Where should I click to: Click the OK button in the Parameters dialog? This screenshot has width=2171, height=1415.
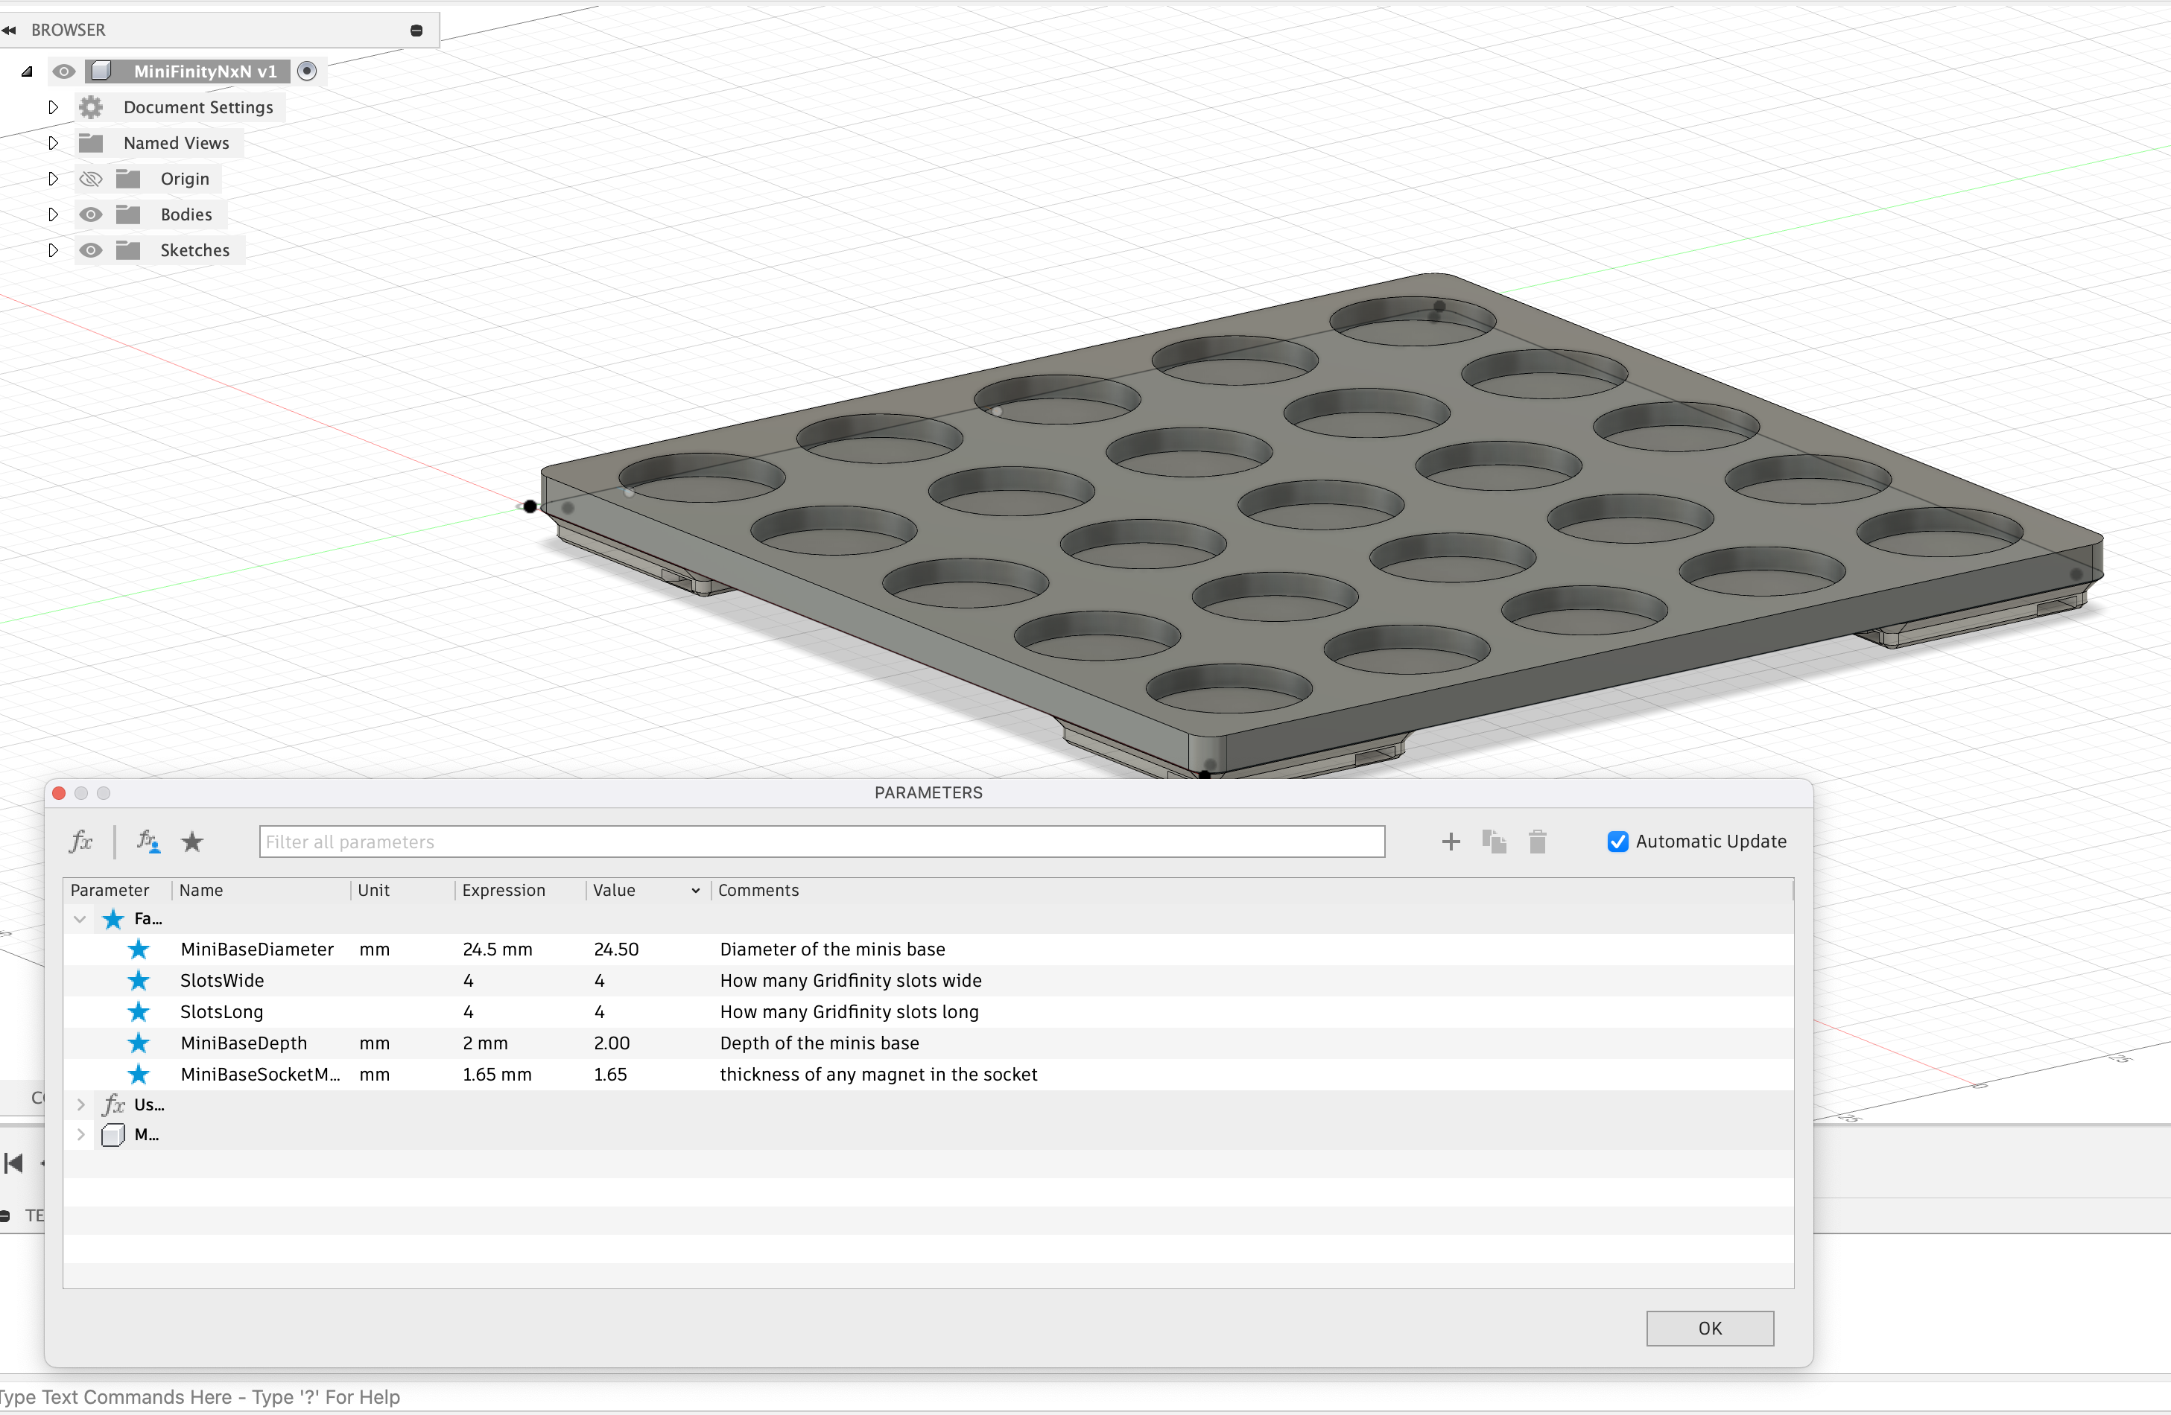point(1709,1329)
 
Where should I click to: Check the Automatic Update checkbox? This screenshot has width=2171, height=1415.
point(1617,842)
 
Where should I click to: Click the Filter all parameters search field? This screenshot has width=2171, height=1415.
point(822,842)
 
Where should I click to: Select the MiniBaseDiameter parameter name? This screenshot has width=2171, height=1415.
point(257,949)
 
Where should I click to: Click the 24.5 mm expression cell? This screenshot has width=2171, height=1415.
point(497,949)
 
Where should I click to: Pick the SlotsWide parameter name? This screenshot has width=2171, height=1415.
point(222,980)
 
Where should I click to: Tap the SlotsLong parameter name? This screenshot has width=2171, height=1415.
point(222,1012)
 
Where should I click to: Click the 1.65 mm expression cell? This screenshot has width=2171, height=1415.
point(497,1074)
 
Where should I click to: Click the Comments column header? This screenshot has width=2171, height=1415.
point(758,890)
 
